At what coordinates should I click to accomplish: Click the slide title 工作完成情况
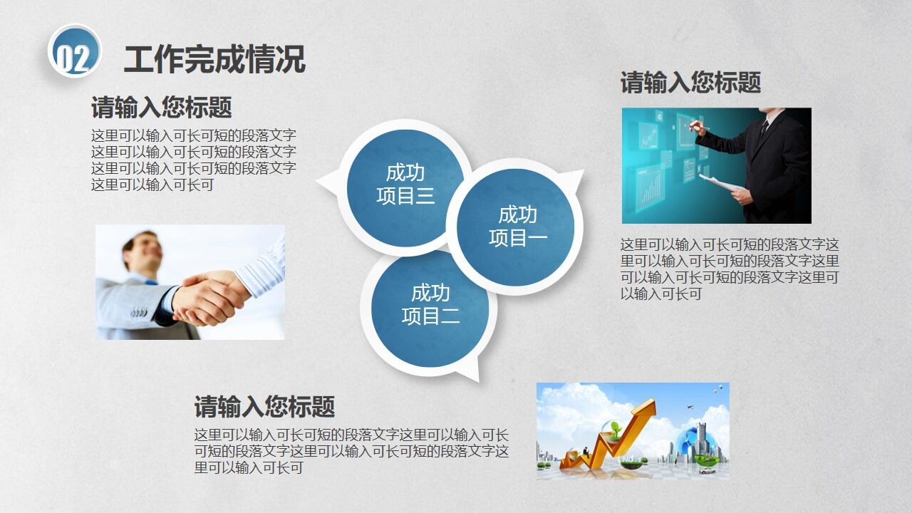[x=214, y=58]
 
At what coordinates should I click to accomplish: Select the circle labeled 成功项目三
[x=405, y=184]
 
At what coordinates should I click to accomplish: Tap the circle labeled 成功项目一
[x=517, y=226]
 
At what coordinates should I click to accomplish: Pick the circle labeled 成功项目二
[x=430, y=304]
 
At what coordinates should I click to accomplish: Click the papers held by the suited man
[x=721, y=182]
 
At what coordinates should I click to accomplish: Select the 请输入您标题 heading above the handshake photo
[x=161, y=108]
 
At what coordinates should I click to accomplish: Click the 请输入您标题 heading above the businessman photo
[x=690, y=83]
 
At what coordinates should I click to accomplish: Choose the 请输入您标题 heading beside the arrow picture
[x=264, y=407]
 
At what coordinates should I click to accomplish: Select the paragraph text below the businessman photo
[x=730, y=269]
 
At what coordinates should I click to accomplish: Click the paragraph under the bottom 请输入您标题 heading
[x=351, y=451]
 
